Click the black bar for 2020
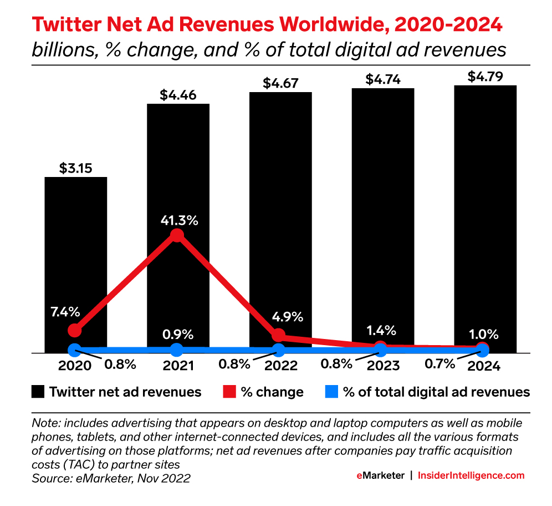75,250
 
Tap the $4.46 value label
177,95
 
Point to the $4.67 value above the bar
280,84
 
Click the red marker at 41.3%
177,235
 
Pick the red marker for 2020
75,330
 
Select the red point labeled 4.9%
279,335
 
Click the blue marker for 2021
177,350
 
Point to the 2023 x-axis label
381,366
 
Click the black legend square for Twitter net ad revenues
37,392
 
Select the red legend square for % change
228,392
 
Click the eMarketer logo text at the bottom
380,475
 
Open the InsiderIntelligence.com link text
471,475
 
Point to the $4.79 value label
485,77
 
